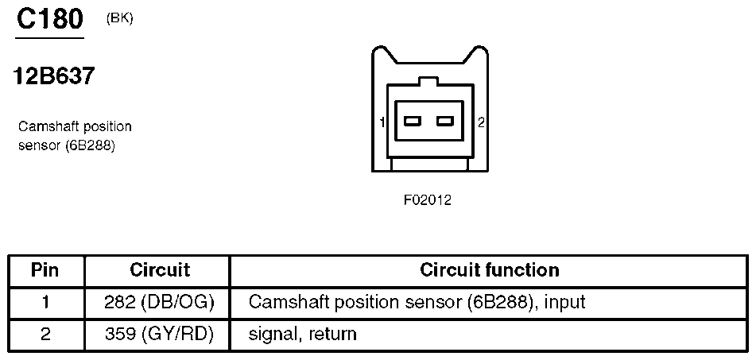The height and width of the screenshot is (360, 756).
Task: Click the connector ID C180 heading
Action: click(x=49, y=19)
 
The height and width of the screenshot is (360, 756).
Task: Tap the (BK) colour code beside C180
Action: click(x=119, y=19)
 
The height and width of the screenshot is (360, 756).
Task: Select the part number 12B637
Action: click(x=54, y=75)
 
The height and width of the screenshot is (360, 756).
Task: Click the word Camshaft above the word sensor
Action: click(x=50, y=126)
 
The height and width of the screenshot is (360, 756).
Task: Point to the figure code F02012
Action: click(x=428, y=200)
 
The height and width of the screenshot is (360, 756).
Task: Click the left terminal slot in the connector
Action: click(x=413, y=121)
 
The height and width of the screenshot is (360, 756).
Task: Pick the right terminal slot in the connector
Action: click(x=445, y=121)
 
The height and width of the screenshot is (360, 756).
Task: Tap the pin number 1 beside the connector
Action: click(x=382, y=122)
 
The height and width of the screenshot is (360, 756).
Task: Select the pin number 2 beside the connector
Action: click(x=481, y=122)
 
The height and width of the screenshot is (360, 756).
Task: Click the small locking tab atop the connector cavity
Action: click(x=428, y=81)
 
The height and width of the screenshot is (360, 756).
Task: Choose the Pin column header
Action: click(x=45, y=270)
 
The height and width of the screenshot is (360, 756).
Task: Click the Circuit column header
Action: click(x=160, y=270)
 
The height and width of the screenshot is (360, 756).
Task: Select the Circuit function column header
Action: click(x=490, y=270)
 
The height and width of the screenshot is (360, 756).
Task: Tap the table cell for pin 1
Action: click(x=45, y=303)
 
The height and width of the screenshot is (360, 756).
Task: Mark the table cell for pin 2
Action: click(x=45, y=334)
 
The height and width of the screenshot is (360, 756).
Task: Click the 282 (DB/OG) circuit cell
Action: click(x=159, y=303)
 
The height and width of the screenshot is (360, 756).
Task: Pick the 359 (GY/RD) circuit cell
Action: click(x=159, y=334)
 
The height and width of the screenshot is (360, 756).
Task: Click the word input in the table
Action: click(x=564, y=303)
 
